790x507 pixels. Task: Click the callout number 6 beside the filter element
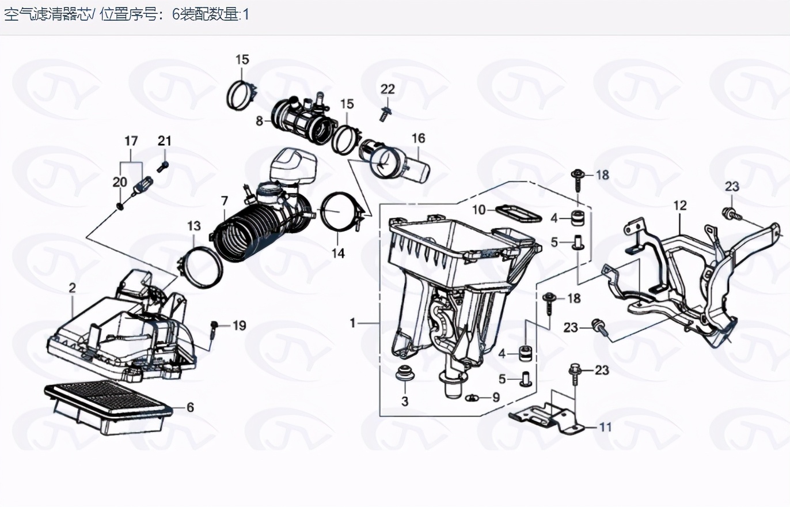pos(190,407)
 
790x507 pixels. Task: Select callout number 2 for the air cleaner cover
pos(73,288)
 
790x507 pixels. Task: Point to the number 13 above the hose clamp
pos(194,226)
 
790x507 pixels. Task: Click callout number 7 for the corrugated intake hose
pos(225,201)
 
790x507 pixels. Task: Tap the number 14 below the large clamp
pos(338,253)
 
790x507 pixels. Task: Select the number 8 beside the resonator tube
pos(259,122)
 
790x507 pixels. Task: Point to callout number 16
pos(419,138)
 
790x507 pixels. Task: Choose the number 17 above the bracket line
pos(131,141)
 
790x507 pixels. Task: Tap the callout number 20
pos(120,182)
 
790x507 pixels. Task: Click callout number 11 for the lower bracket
pos(606,427)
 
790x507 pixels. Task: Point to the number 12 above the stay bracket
pos(680,205)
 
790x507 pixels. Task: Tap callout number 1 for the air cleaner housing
pos(352,323)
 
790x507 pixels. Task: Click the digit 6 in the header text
pos(176,15)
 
